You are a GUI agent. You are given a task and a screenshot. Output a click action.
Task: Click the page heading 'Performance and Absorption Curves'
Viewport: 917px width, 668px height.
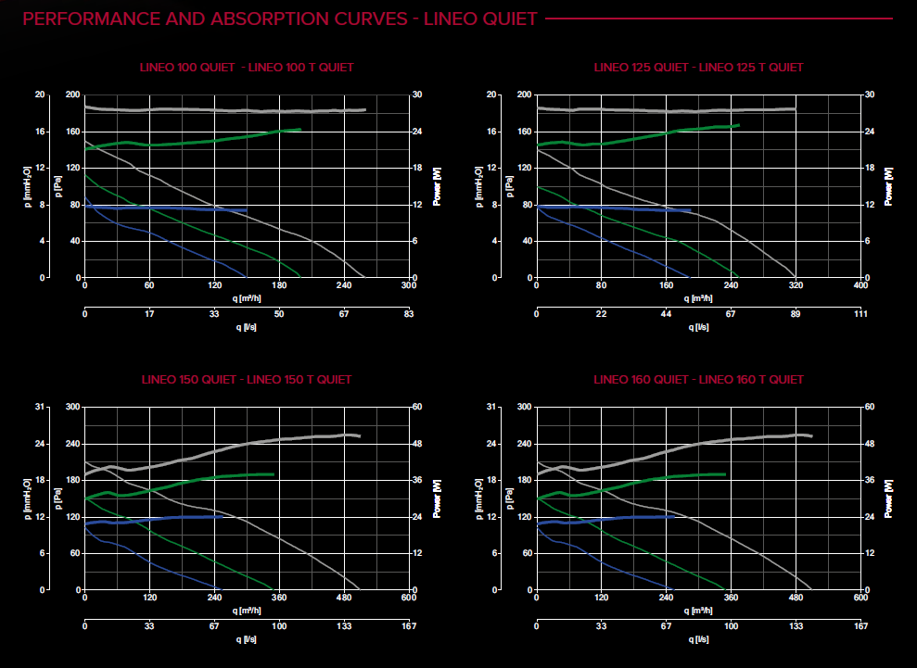278,19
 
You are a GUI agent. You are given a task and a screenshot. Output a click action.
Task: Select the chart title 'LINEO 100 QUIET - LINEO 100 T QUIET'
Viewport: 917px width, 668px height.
246,68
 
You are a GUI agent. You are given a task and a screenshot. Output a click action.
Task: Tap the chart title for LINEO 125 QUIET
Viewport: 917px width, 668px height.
698,68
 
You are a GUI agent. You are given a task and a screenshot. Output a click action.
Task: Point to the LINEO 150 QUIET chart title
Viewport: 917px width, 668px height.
246,380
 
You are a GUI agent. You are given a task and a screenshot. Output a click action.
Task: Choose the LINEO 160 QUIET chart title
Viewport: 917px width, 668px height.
698,380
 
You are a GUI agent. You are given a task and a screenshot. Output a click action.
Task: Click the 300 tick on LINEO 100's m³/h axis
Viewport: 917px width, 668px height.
408,286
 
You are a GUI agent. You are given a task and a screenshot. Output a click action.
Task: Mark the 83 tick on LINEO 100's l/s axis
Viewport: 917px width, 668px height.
408,315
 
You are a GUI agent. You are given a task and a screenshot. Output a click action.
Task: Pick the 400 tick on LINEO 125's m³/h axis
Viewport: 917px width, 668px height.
860,286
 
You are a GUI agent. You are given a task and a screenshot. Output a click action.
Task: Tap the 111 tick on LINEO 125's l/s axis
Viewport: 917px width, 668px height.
860,315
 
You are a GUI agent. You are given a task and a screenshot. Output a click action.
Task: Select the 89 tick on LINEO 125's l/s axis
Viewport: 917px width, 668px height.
796,315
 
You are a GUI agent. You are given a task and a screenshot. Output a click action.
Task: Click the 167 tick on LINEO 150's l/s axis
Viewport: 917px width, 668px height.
408,627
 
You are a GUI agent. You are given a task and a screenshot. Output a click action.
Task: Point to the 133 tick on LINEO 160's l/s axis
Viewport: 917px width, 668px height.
796,627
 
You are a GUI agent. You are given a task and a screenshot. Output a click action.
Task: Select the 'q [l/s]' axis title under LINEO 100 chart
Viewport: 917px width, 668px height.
246,327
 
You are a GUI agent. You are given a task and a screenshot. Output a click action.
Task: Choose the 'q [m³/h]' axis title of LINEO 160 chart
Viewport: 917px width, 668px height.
698,610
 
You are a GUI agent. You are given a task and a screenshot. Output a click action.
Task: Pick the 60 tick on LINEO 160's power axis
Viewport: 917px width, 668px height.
870,407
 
